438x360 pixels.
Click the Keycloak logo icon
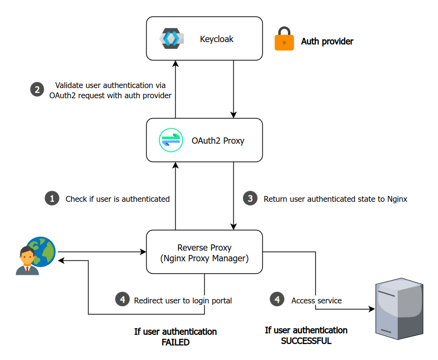tap(170, 39)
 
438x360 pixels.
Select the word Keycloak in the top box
tap(216, 39)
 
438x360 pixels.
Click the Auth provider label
tap(327, 42)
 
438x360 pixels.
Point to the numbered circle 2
tap(37, 90)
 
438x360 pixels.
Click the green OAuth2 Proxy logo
tap(171, 140)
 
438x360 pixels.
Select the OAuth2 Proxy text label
tap(218, 141)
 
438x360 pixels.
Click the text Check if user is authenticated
tap(118, 199)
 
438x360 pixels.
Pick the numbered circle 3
tap(250, 198)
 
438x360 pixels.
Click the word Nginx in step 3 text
tap(397, 199)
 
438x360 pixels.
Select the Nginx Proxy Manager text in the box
tap(204, 258)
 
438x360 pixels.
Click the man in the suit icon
tap(27, 261)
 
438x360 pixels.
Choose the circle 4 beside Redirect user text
tap(122, 300)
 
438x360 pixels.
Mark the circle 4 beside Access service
tap(277, 300)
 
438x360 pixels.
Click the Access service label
tap(317, 300)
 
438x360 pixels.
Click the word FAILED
tap(175, 343)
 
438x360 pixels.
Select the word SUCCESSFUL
tap(306, 341)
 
